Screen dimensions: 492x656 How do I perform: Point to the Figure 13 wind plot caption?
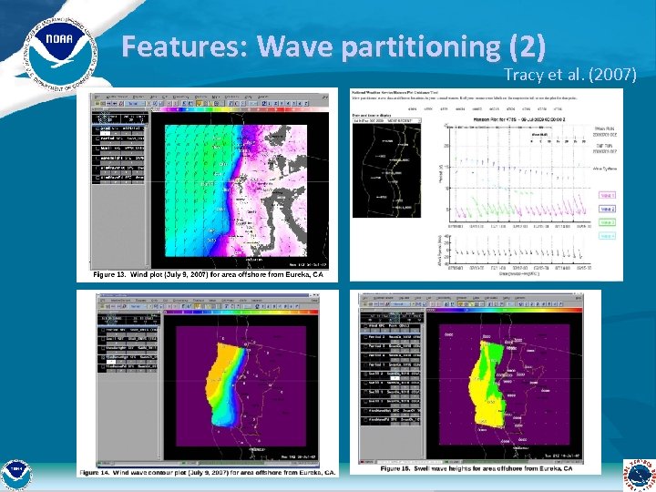point(208,274)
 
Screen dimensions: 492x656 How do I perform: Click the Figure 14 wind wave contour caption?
point(206,472)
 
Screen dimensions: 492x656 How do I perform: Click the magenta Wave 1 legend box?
point(609,194)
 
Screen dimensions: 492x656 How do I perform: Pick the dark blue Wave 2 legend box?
point(609,209)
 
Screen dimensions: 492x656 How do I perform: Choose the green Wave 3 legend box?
point(609,222)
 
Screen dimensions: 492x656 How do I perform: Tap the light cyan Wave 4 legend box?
point(609,236)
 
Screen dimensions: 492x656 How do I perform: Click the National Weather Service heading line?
point(401,91)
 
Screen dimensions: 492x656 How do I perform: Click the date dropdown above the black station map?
point(383,119)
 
